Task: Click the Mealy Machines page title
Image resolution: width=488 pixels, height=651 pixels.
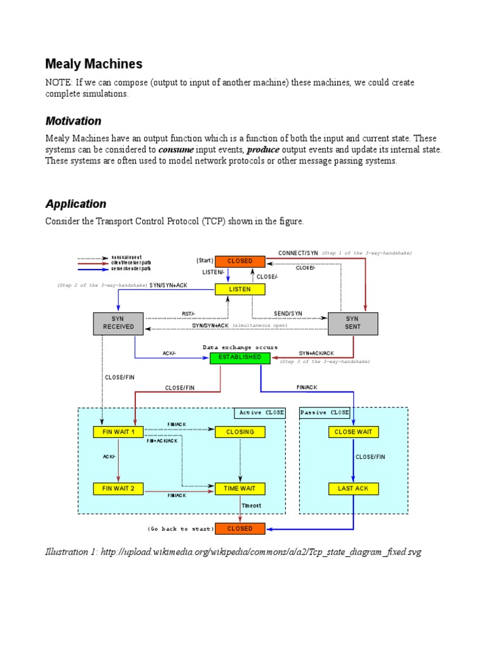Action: coord(93,64)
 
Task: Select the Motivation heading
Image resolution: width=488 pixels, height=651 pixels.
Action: coord(73,121)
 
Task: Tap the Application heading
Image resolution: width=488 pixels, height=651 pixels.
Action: coord(76,204)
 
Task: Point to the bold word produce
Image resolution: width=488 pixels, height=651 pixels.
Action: coord(263,149)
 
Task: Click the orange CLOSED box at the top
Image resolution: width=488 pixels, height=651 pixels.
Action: coord(240,261)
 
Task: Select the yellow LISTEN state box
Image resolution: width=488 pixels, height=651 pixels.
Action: coord(240,289)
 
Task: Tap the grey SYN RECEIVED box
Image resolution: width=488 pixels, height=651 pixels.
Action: coord(119,322)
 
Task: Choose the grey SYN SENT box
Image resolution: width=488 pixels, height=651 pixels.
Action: coord(352,322)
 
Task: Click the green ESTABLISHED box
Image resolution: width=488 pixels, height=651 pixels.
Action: coord(240,357)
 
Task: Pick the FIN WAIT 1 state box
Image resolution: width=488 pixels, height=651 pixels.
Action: coord(119,432)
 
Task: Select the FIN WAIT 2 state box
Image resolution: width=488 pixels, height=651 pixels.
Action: coord(119,489)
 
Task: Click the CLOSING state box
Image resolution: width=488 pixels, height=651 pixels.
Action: coord(240,432)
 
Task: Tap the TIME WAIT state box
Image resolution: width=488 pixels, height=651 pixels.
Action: coord(240,489)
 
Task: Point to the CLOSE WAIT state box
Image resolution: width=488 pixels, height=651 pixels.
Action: coord(353,432)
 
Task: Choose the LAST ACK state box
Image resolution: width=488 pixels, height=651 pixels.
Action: coord(353,489)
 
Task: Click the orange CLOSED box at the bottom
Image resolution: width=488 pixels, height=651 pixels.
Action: coord(240,528)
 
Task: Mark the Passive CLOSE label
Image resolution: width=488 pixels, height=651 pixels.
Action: coord(325,413)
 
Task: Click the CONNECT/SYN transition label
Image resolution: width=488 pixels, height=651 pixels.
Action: coord(298,253)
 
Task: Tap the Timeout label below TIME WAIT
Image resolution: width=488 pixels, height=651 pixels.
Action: coord(251,506)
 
